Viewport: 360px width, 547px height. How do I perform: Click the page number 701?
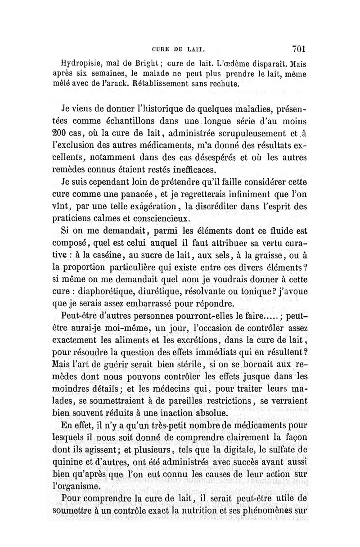(298, 48)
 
